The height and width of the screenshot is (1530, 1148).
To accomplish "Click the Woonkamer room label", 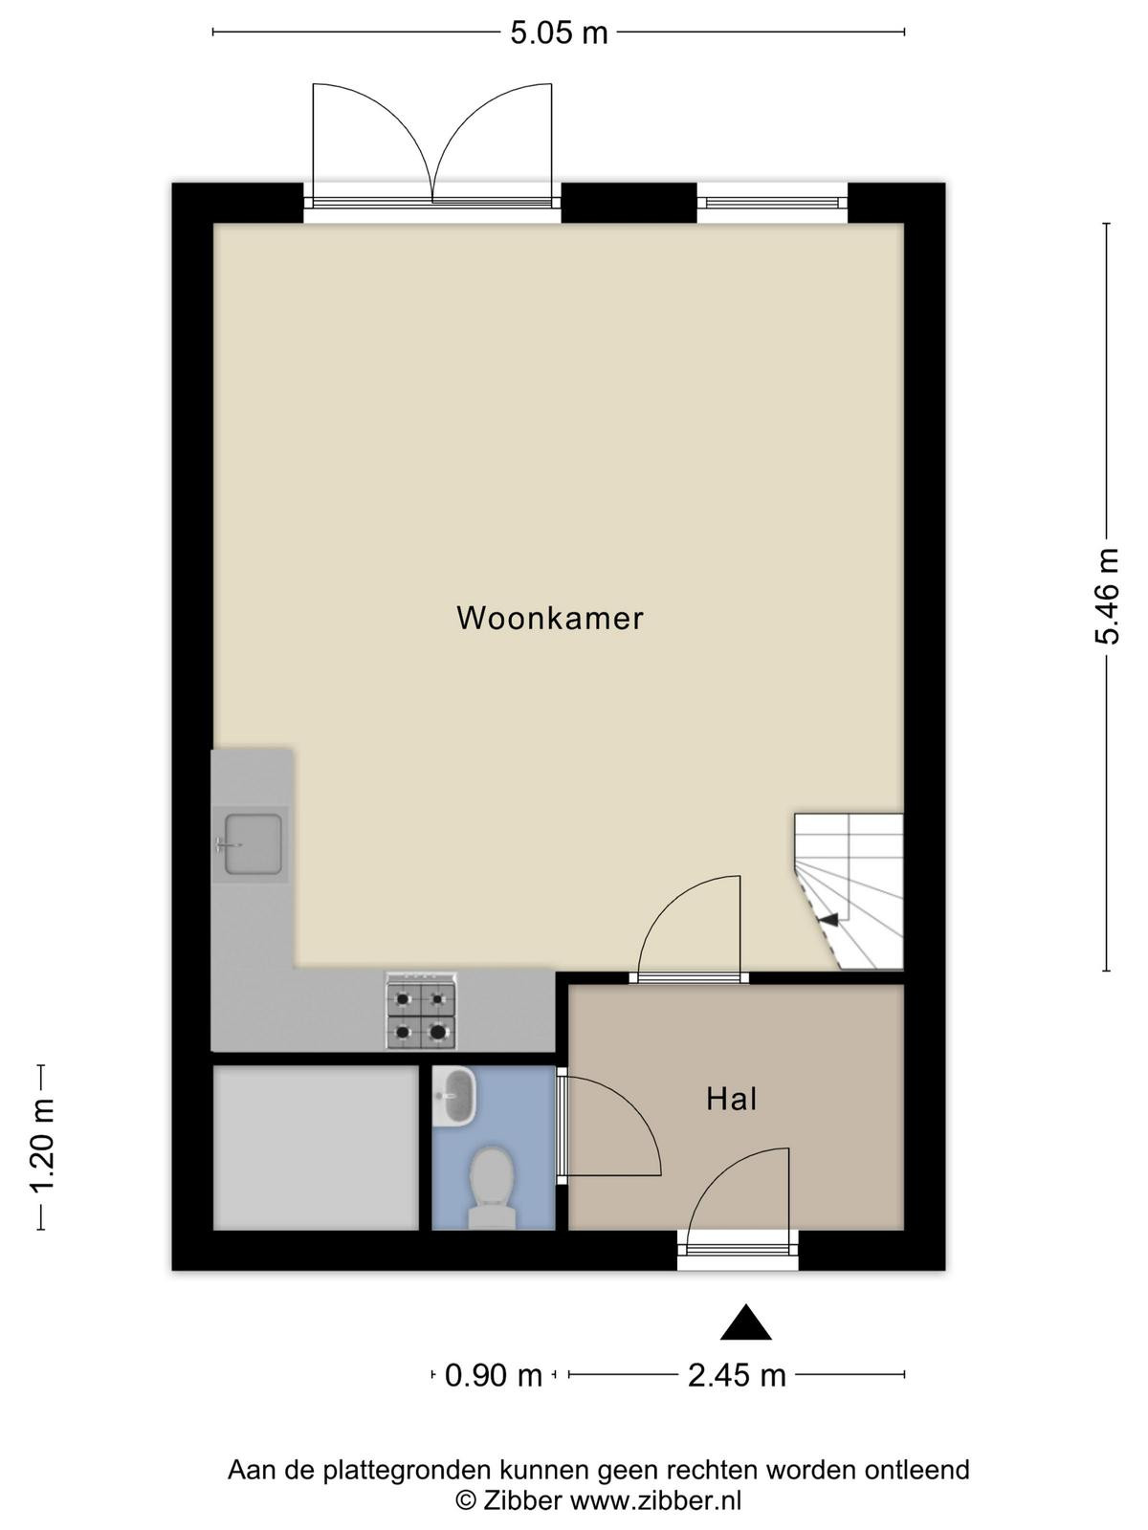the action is [x=549, y=619].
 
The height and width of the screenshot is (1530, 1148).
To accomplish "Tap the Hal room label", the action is [x=731, y=1100].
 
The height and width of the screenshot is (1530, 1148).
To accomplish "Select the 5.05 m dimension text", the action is [x=559, y=33].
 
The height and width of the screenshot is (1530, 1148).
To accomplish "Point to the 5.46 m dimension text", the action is [x=1106, y=596].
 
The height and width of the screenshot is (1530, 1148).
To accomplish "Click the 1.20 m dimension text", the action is [x=42, y=1146].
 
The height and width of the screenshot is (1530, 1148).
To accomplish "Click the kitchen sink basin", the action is [x=253, y=844].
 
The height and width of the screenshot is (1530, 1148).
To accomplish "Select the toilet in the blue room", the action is [x=492, y=1190].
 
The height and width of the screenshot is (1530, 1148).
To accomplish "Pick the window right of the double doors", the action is [x=772, y=203].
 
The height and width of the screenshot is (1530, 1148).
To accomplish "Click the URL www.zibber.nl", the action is [x=656, y=1500].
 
